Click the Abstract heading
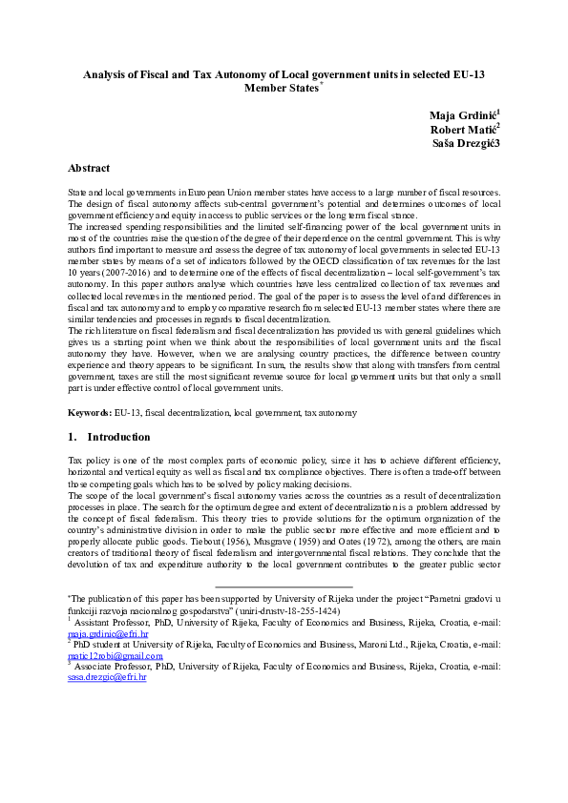click(88, 168)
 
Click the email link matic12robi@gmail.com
click(115, 655)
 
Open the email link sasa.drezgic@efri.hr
click(107, 676)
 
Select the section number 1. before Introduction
click(72, 437)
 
